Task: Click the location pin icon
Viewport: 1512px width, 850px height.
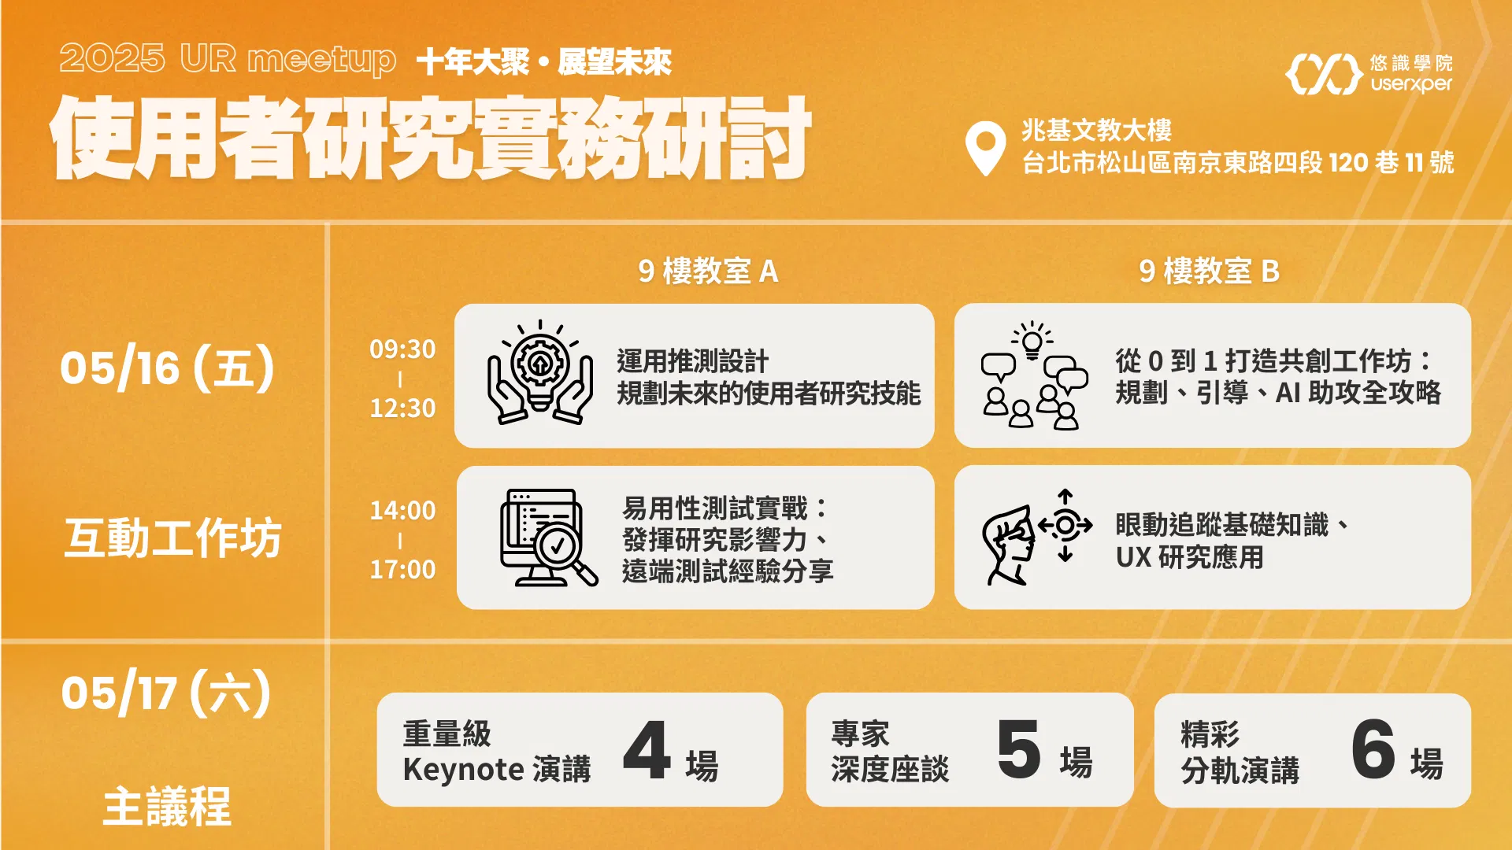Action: tap(985, 147)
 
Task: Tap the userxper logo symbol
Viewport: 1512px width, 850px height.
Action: tap(1324, 74)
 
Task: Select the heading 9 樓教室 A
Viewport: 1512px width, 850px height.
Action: tap(708, 271)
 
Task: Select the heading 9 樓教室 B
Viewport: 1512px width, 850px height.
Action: tap(1209, 271)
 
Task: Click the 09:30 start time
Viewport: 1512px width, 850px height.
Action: tap(402, 349)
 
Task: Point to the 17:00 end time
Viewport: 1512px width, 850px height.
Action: tap(402, 569)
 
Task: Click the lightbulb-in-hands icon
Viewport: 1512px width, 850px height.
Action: tap(540, 372)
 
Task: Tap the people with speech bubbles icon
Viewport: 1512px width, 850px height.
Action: tap(1035, 375)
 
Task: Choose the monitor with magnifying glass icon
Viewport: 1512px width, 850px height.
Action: tap(549, 538)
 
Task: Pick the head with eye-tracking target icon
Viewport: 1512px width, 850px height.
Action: tap(1037, 537)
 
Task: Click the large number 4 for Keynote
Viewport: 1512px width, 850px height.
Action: tap(647, 750)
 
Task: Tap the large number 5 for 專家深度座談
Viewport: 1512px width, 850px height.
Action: tap(1019, 749)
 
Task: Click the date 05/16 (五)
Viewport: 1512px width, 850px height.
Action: tap(167, 368)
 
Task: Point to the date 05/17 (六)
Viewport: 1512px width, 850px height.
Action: tap(166, 693)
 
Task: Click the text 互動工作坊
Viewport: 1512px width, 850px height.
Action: tap(172, 538)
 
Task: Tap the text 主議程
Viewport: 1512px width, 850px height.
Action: tap(167, 807)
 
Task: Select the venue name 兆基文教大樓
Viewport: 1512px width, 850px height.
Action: tap(1096, 130)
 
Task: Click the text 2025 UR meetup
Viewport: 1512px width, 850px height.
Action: tap(228, 59)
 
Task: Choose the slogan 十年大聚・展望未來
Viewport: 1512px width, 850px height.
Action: tap(543, 62)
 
